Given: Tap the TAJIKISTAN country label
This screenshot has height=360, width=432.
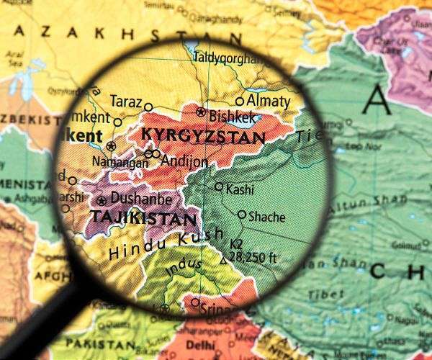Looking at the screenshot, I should (142, 217).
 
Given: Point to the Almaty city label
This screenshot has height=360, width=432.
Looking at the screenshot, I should (268, 102).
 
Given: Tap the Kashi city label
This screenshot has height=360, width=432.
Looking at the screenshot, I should (240, 189).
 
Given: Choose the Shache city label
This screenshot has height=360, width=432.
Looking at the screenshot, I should (266, 216).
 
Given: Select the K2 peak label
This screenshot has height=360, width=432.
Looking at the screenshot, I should (237, 244).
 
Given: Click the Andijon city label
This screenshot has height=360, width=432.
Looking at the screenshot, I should (184, 161).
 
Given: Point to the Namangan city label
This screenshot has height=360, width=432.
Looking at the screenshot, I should (117, 164).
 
